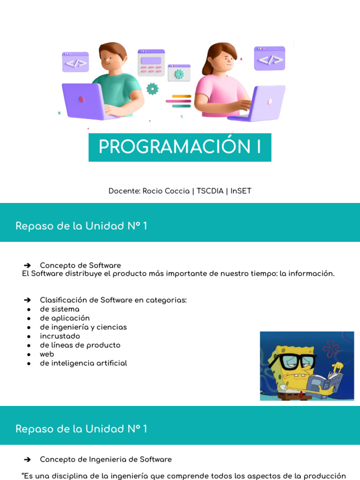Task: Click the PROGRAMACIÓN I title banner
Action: click(x=180, y=147)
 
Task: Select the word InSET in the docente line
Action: click(x=241, y=191)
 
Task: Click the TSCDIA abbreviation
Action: click(x=210, y=191)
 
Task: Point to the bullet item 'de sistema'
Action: click(x=60, y=309)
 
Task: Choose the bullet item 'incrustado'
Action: click(x=60, y=336)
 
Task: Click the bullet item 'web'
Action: click(x=47, y=354)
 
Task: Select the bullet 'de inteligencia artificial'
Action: click(x=83, y=363)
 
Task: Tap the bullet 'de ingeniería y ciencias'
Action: click(x=83, y=327)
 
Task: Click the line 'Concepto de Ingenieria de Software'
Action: click(x=106, y=459)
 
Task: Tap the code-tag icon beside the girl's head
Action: click(x=270, y=59)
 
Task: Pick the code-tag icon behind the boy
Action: click(x=75, y=62)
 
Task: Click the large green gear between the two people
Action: click(x=152, y=88)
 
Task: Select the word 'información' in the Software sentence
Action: click(x=315, y=274)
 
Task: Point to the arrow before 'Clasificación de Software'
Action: click(x=27, y=300)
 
